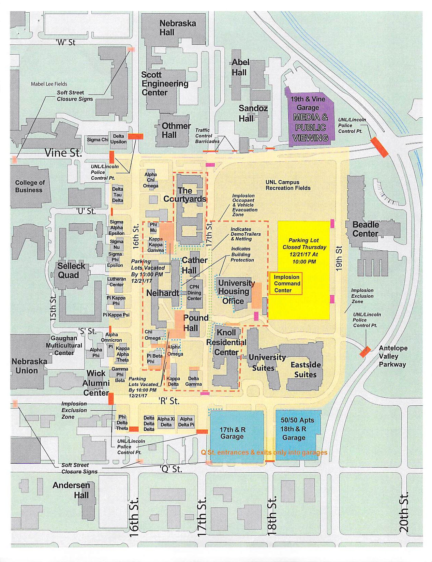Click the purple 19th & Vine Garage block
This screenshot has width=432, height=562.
[x=310, y=118]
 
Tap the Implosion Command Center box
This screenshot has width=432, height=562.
[x=286, y=284]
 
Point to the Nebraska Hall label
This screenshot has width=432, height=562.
[x=178, y=28]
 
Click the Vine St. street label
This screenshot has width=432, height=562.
[x=63, y=152]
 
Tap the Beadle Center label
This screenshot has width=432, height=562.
[x=365, y=229]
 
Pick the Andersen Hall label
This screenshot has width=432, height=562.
[x=72, y=490]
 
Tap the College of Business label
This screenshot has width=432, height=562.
[x=29, y=186]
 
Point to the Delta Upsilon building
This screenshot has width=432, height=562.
[x=118, y=139]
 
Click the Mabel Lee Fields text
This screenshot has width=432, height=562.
[x=49, y=84]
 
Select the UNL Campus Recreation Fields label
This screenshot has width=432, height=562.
[x=288, y=185]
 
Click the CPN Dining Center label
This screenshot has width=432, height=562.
[x=194, y=293]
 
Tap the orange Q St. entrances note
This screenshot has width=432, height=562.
[x=264, y=453]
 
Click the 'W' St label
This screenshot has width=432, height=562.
[x=65, y=42]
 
